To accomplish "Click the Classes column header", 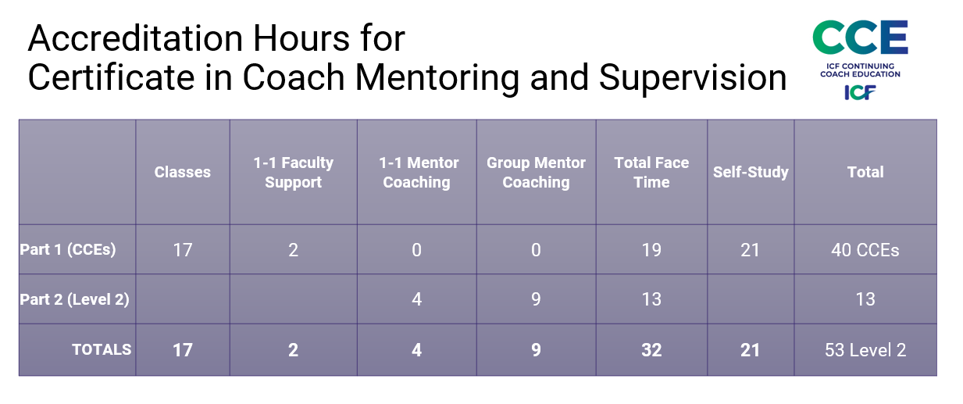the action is pos(182,172).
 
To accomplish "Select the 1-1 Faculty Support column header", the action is pos(293,172).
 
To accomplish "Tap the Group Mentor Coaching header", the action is pos(536,172).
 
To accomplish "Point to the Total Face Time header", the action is pos(651,172).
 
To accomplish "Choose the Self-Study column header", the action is pos(751,172).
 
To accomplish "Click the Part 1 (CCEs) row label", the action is pos(68,249).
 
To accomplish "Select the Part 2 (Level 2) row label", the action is pos(74,299).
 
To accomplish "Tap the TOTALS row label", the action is pos(102,349).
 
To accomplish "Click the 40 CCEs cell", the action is pos(865,250).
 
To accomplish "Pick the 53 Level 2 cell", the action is pos(865,350).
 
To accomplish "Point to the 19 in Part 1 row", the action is pos(651,250).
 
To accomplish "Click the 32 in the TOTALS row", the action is pos(651,350).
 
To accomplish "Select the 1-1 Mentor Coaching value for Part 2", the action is pos(416,299).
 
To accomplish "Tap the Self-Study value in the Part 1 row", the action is pos(751,250).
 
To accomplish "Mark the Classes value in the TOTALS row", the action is pos(182,350).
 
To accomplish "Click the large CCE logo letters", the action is pos(860,38).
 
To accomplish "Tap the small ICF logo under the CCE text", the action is pos(860,92).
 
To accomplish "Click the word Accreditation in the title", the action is pos(135,38).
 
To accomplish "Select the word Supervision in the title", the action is pos(693,78).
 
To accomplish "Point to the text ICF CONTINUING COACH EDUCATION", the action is pos(860,70).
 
